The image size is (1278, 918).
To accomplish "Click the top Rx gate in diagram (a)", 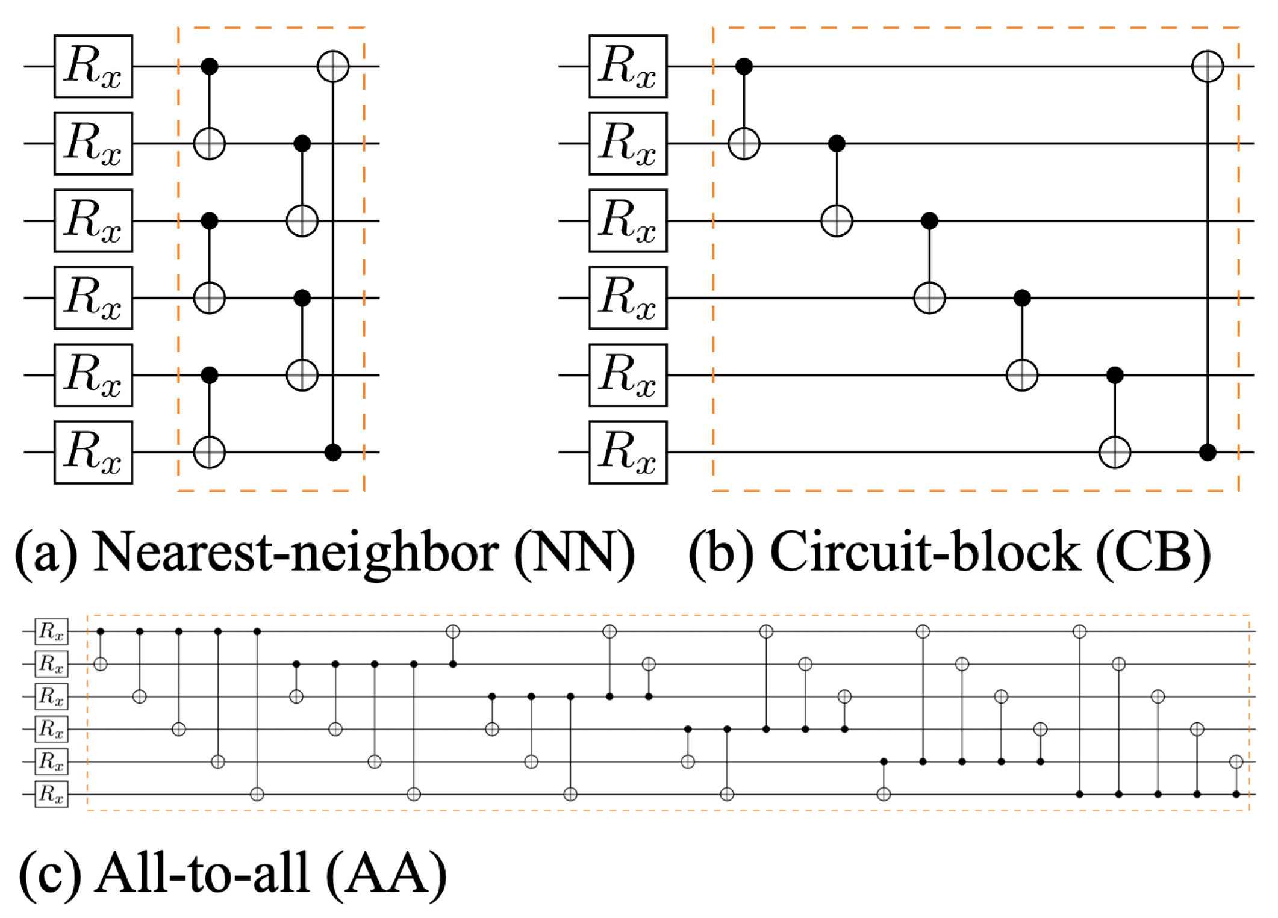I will pyautogui.click(x=93, y=66).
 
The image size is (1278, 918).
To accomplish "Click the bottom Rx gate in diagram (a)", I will pyautogui.click(x=93, y=452).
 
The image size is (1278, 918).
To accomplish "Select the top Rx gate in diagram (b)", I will pyautogui.click(x=628, y=66).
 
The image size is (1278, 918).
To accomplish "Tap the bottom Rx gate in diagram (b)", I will pyautogui.click(x=628, y=452).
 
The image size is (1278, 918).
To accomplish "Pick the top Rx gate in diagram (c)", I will pyautogui.click(x=51, y=631).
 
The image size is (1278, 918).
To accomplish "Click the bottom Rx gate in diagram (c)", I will pyautogui.click(x=51, y=794).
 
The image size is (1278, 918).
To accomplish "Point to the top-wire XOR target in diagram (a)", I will pyautogui.click(x=333, y=66).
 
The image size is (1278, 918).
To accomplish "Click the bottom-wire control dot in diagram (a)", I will pyautogui.click(x=333, y=452).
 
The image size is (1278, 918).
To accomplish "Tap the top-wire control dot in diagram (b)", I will pyautogui.click(x=744, y=66).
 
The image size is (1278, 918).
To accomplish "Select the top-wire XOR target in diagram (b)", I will pyautogui.click(x=1208, y=66).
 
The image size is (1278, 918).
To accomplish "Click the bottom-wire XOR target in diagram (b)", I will pyautogui.click(x=1115, y=452).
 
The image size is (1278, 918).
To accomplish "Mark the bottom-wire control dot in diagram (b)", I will pyautogui.click(x=1208, y=452).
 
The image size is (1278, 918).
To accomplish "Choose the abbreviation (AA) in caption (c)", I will pyautogui.click(x=386, y=873).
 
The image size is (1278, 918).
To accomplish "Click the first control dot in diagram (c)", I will pyautogui.click(x=101, y=631).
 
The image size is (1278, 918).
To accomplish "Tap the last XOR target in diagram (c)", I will pyautogui.click(x=1236, y=761).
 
